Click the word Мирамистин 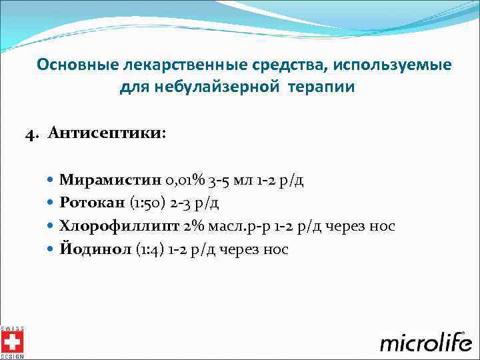tap(100, 180)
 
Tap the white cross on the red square tap(12, 343)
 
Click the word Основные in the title tap(77, 65)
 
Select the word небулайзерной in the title tap(202, 87)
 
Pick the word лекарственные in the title tap(169, 65)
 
